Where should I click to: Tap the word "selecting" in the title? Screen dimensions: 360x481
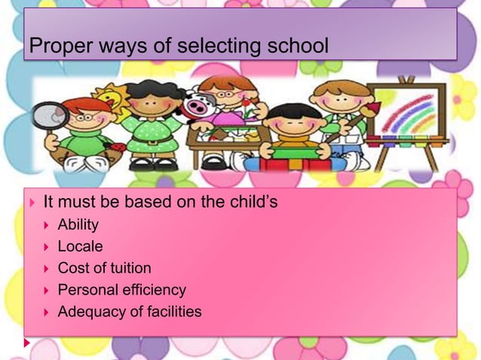click(x=204, y=47)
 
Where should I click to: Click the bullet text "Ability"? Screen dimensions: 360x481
click(x=78, y=224)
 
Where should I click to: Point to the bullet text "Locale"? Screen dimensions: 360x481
click(x=80, y=246)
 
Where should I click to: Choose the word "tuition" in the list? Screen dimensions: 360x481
click(x=127, y=268)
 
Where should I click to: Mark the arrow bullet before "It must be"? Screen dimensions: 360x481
click(x=31, y=203)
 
